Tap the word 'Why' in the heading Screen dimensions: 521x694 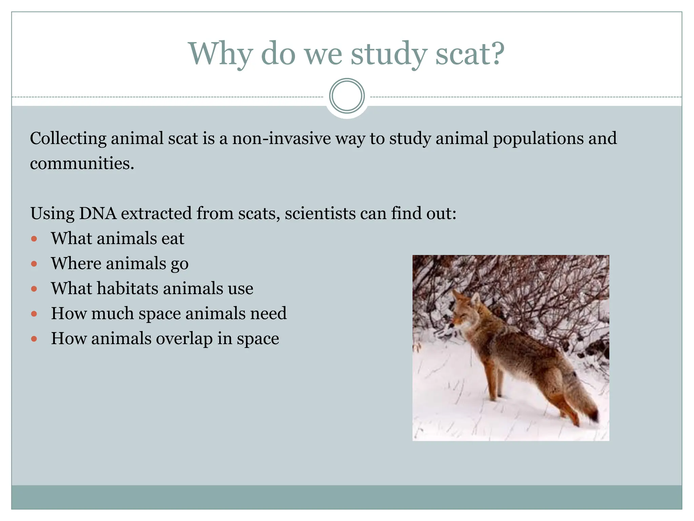(220, 54)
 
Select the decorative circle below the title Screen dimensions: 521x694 (347, 96)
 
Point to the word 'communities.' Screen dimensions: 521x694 (82, 163)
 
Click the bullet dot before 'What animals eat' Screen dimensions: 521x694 (34, 239)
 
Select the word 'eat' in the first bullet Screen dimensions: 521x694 (173, 238)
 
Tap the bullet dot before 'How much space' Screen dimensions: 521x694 (34, 314)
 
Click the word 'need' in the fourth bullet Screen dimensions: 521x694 (268, 313)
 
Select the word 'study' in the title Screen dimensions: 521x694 (388, 54)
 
